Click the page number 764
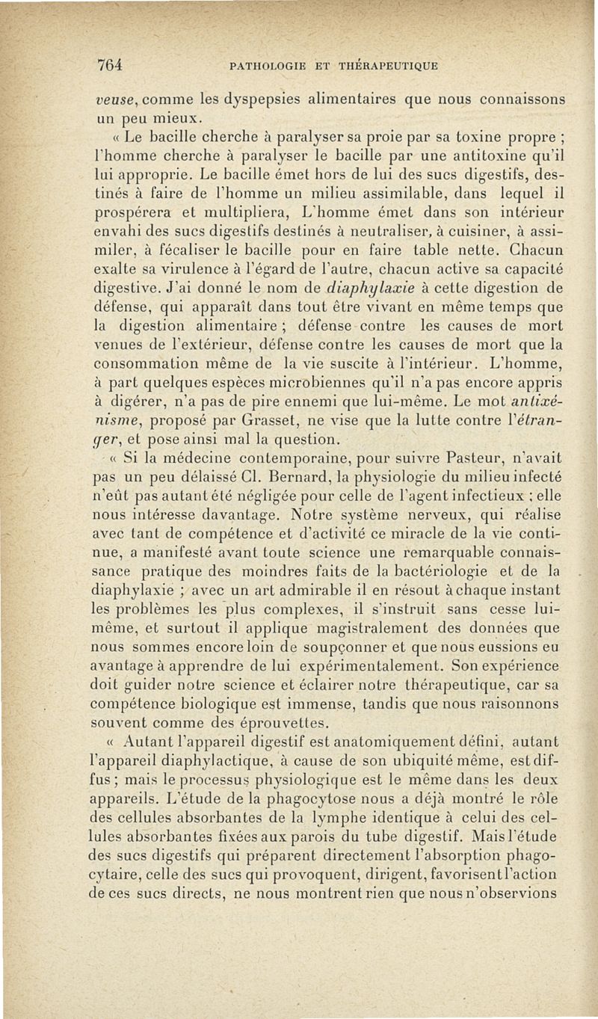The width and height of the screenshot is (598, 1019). point(109,65)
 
